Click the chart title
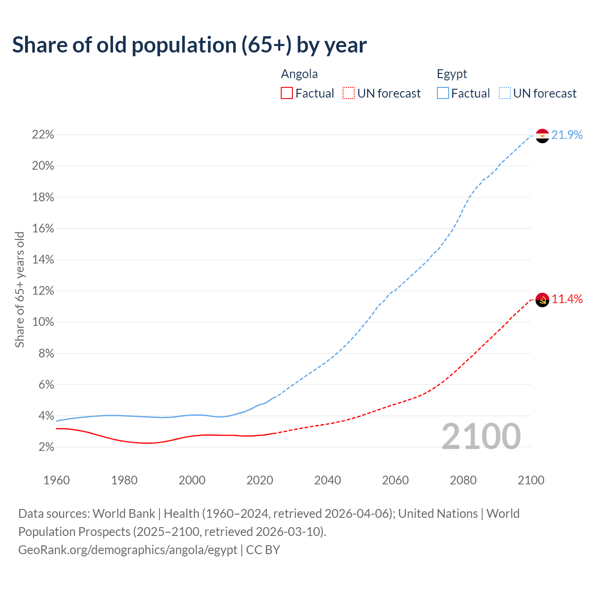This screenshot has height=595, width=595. (189, 45)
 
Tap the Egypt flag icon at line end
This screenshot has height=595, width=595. (542, 136)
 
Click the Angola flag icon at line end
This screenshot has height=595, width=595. (542, 300)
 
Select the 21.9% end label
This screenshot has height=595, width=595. (567, 135)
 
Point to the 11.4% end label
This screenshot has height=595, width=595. (567, 299)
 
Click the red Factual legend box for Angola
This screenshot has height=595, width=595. (287, 93)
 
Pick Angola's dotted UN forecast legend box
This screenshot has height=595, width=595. (349, 93)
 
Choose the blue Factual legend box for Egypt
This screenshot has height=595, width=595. (443, 93)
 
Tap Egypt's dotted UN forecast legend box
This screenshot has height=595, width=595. (504, 93)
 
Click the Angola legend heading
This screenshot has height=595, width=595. (299, 74)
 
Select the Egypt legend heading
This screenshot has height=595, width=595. (452, 74)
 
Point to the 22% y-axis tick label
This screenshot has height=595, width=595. (43, 135)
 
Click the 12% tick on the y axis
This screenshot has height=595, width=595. (43, 291)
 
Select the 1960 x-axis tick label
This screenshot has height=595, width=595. (57, 480)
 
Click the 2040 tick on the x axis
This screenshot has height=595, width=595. (328, 480)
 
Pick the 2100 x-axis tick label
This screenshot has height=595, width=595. (531, 480)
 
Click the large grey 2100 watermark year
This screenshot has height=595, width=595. (481, 436)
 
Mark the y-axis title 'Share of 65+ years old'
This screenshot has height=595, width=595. (20, 289)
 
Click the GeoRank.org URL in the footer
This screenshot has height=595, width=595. (128, 550)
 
